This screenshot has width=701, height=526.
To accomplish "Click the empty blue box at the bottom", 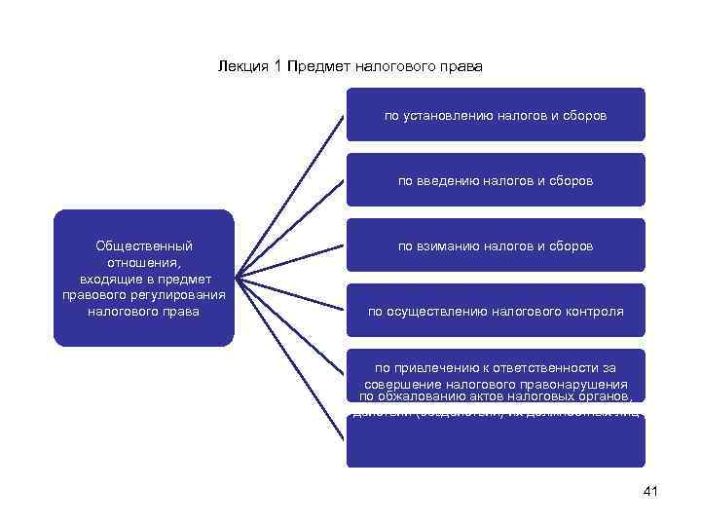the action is click(x=496, y=444).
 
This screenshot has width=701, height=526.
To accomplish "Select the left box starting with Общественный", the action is click(x=144, y=279).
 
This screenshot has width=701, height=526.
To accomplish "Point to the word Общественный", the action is click(x=144, y=246).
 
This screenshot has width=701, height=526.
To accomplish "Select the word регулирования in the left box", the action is click(x=185, y=295).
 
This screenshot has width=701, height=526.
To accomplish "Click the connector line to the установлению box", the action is click(x=292, y=195).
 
